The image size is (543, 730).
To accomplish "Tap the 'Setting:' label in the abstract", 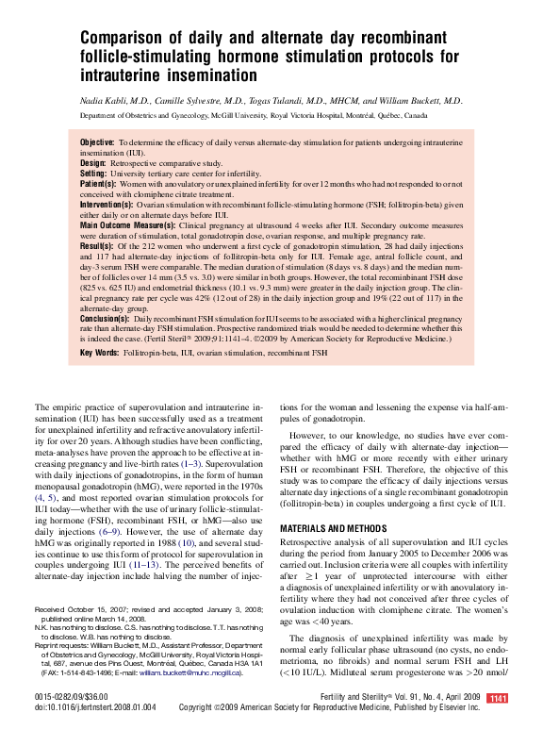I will (x=94, y=174).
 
